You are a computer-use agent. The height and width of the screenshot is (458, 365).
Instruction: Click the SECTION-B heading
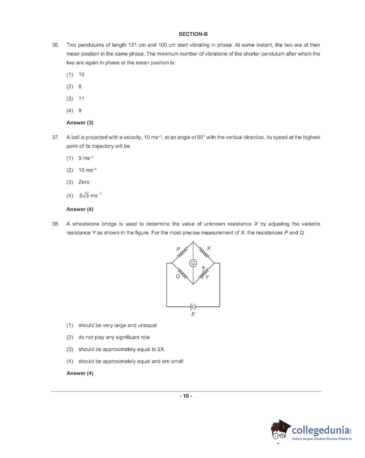click(193, 34)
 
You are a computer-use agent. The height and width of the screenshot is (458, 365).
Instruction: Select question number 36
click(55, 45)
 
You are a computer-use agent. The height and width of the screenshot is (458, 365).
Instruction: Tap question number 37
click(55, 137)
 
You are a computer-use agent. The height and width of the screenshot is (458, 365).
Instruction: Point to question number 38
click(55, 224)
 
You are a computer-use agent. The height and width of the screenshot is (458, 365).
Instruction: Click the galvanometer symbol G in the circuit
click(193, 263)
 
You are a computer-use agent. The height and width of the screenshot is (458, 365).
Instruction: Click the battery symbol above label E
click(193, 306)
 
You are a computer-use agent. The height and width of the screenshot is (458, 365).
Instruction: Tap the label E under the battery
click(193, 314)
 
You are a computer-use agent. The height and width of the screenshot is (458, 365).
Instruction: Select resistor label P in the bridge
click(178, 249)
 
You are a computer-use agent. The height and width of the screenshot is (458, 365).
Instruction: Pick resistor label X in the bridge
click(208, 249)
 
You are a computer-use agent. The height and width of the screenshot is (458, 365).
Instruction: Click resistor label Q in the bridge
click(178, 277)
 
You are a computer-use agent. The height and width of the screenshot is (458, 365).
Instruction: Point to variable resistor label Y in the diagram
click(207, 277)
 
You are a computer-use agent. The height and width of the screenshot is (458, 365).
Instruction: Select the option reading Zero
click(84, 182)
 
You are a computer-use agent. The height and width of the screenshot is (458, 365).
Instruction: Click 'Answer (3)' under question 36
click(80, 123)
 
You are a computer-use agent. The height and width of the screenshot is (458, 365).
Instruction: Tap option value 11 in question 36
click(81, 99)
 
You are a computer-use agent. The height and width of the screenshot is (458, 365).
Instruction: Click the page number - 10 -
click(186, 396)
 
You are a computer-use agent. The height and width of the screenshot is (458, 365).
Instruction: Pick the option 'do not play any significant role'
click(114, 337)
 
